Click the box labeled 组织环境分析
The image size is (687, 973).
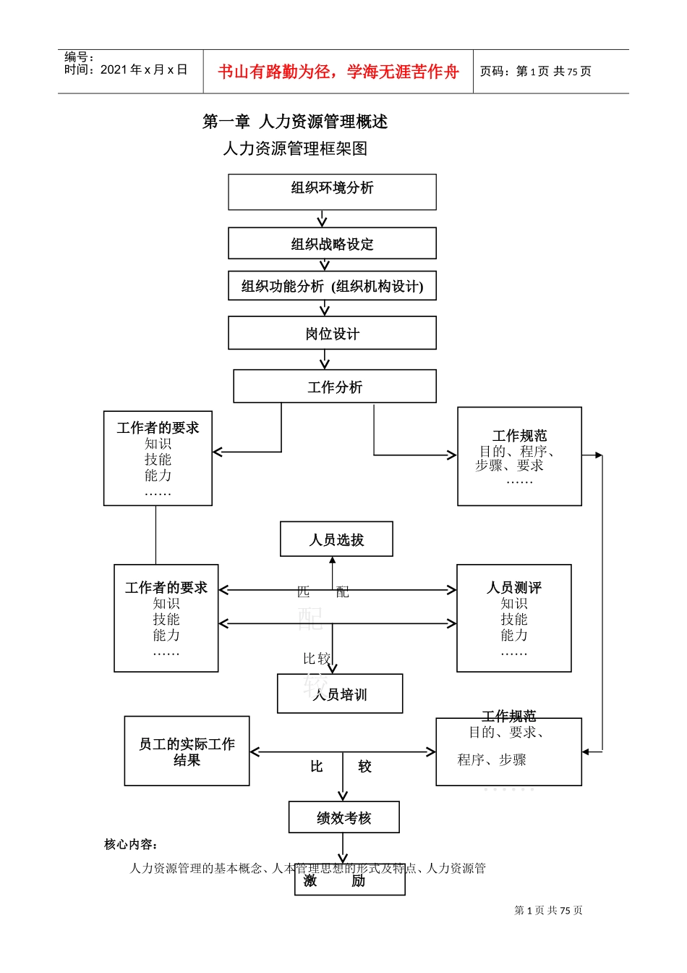pyautogui.click(x=332, y=191)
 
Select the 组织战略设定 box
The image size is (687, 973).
pyautogui.click(x=332, y=243)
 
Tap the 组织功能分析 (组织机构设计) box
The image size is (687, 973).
pyautogui.click(x=332, y=286)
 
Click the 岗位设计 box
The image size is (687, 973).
pyautogui.click(x=332, y=333)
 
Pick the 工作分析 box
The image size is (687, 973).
pyautogui.click(x=334, y=387)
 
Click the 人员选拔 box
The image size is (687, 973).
pyautogui.click(x=336, y=539)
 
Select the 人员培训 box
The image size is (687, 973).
pyautogui.click(x=340, y=694)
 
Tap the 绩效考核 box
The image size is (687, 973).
pyautogui.click(x=343, y=817)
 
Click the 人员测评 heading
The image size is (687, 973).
pyautogui.click(x=513, y=587)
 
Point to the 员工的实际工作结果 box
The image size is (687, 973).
pyautogui.click(x=187, y=751)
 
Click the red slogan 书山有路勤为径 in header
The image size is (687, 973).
pyautogui.click(x=338, y=72)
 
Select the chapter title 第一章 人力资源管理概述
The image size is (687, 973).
pyautogui.click(x=295, y=122)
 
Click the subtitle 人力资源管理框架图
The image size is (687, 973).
pyautogui.click(x=295, y=148)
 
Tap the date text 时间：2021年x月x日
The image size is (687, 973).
pyautogui.click(x=126, y=70)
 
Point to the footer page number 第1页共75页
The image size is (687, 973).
pyautogui.click(x=548, y=910)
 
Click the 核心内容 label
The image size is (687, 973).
pyautogui.click(x=131, y=844)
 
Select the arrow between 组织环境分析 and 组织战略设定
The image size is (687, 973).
pyautogui.click(x=323, y=219)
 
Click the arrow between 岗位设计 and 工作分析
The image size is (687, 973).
pyautogui.click(x=325, y=360)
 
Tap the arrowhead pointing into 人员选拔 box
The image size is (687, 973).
pyautogui.click(x=333, y=560)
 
